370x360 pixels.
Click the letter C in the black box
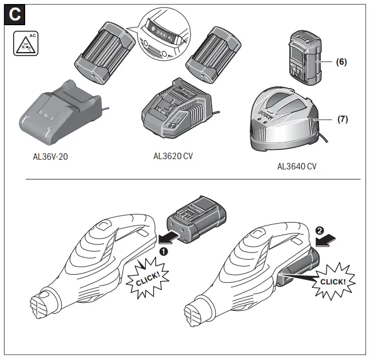click(14, 15)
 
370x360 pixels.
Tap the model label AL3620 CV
click(173, 156)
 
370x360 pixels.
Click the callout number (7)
click(342, 120)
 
